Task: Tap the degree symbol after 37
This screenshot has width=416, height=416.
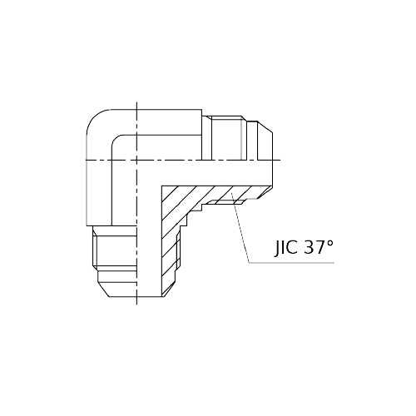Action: [x=329, y=243]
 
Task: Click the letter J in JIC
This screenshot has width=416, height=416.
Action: [x=277, y=248]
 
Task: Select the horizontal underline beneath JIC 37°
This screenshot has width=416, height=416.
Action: [x=291, y=263]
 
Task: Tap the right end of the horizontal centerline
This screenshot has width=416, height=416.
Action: [x=284, y=158]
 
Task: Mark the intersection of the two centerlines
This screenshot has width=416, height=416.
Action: [x=136, y=158]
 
